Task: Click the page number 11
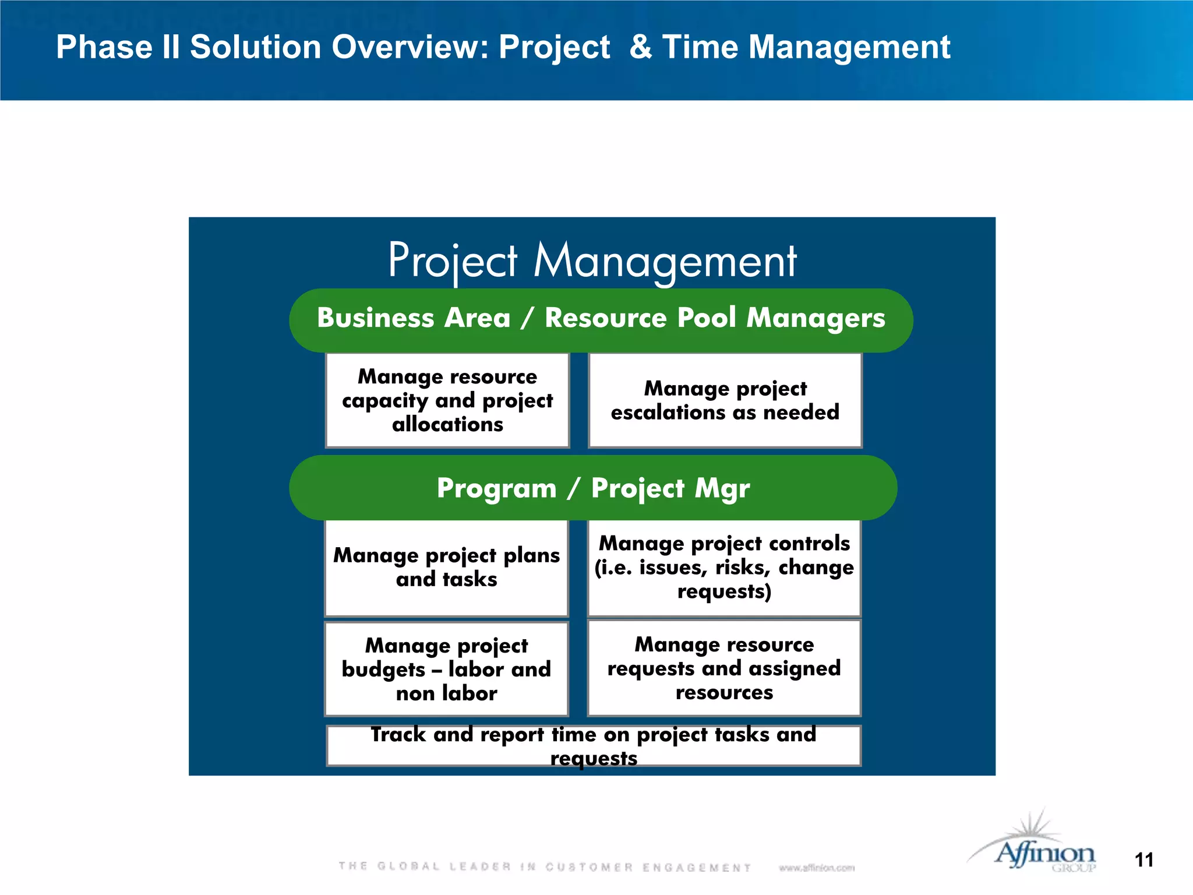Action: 1144,860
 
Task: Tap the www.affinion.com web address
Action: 816,868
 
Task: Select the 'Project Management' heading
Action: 592,260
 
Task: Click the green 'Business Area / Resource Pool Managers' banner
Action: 601,319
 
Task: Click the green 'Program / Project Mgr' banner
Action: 593,488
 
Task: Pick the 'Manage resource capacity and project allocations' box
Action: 447,400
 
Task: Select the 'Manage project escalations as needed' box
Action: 725,400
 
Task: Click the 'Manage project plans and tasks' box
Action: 446,568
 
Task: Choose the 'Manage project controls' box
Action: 724,568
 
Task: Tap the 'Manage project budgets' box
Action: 446,669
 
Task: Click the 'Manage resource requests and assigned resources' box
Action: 724,668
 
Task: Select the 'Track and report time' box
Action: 593,746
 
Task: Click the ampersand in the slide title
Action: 640,47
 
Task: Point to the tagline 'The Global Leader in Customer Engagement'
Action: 545,867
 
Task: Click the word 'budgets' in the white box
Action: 383,670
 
